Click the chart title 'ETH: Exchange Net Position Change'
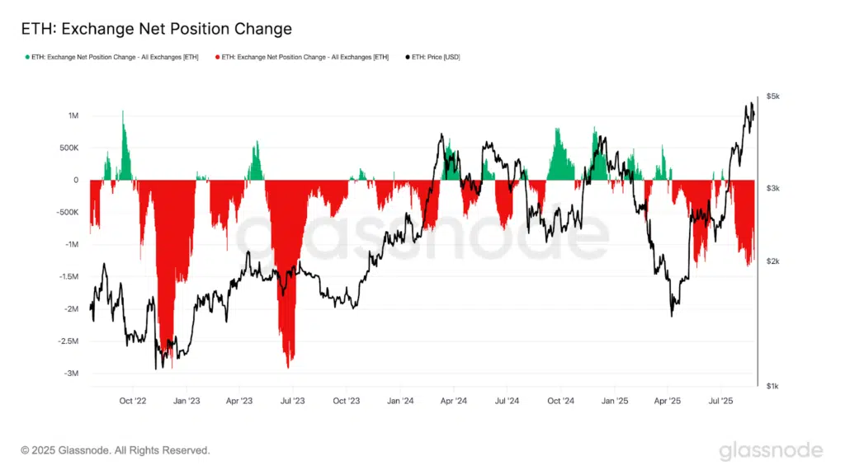(x=156, y=29)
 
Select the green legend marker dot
(x=27, y=57)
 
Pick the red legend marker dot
(x=218, y=57)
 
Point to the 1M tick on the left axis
(x=73, y=115)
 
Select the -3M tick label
(x=71, y=374)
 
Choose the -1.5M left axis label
(x=67, y=277)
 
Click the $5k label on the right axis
(x=772, y=96)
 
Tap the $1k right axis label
(x=772, y=386)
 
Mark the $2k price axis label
(x=772, y=261)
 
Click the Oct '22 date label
(x=132, y=401)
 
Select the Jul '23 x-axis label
(x=293, y=401)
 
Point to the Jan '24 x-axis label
(x=400, y=401)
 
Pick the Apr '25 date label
(x=668, y=401)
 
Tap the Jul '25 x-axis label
(x=722, y=401)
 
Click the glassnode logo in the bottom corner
(x=770, y=450)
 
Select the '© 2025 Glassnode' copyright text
(x=116, y=450)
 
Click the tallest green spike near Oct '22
(x=123, y=112)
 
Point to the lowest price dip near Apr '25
(x=672, y=315)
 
